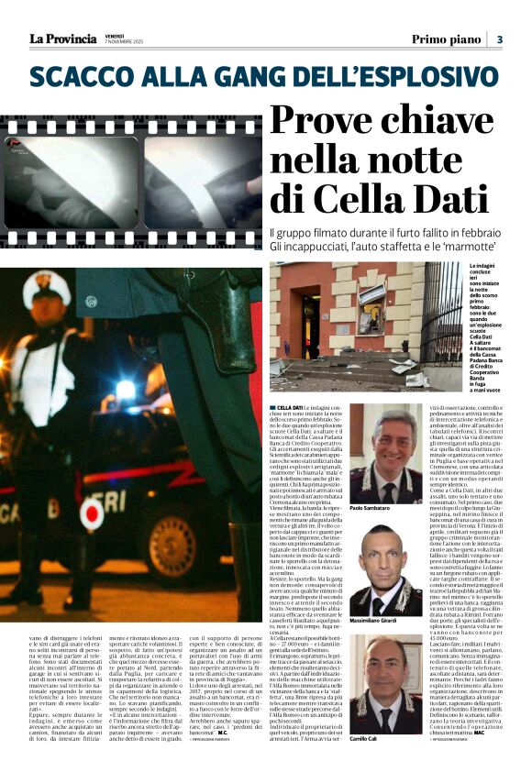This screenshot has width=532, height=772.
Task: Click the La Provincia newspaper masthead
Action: coord(62,39)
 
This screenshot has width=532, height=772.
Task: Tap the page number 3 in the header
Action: coord(500,39)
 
